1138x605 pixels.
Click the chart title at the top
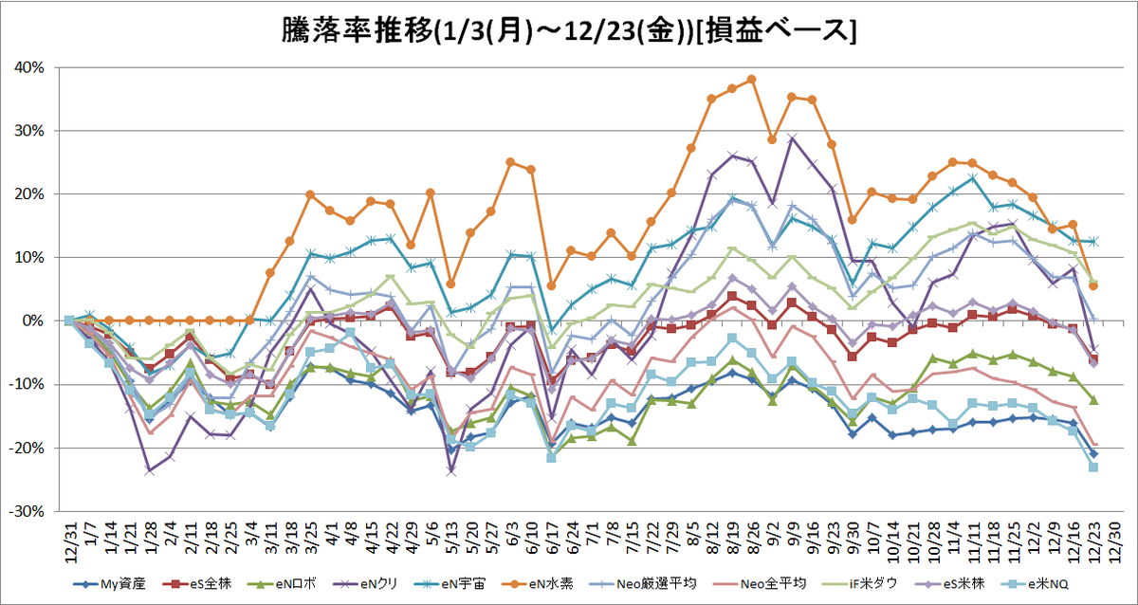(569, 31)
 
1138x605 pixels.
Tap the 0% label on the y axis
(34, 321)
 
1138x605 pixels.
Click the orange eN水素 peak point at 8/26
(752, 80)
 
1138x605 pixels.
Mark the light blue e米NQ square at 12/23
(1093, 467)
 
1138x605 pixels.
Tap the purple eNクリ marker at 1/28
(150, 471)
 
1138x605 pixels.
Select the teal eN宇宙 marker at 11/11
(973, 178)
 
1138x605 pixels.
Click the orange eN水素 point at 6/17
(552, 286)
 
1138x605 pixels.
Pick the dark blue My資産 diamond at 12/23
(1093, 453)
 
